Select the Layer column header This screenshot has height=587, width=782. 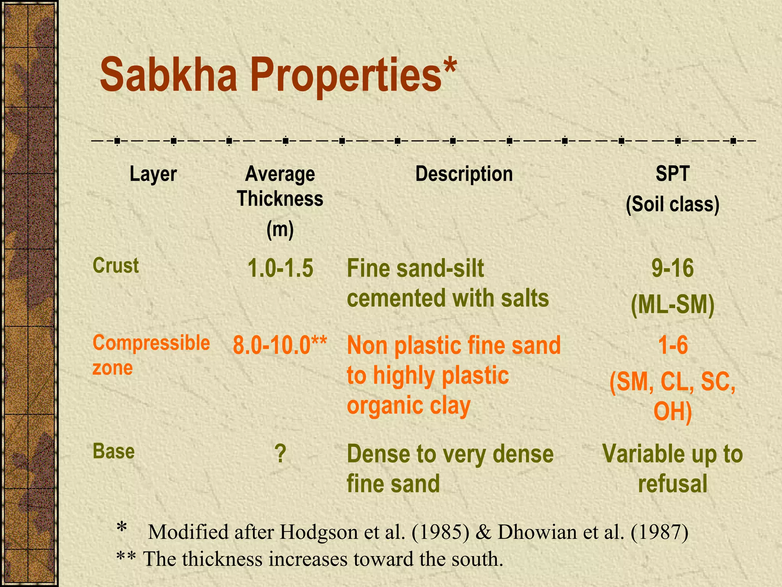click(x=153, y=174)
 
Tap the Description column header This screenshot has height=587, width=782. click(x=464, y=174)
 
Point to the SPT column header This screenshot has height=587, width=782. click(x=672, y=174)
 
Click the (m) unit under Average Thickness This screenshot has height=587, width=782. click(x=280, y=230)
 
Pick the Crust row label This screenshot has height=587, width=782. click(x=116, y=266)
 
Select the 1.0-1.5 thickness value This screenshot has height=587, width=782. click(x=280, y=268)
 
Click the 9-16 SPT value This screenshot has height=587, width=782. click(x=672, y=268)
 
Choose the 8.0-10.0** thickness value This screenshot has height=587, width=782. click(x=280, y=345)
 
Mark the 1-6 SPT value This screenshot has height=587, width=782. click(x=673, y=345)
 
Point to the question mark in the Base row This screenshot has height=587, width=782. click(x=280, y=454)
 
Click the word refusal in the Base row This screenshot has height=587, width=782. click(x=672, y=483)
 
